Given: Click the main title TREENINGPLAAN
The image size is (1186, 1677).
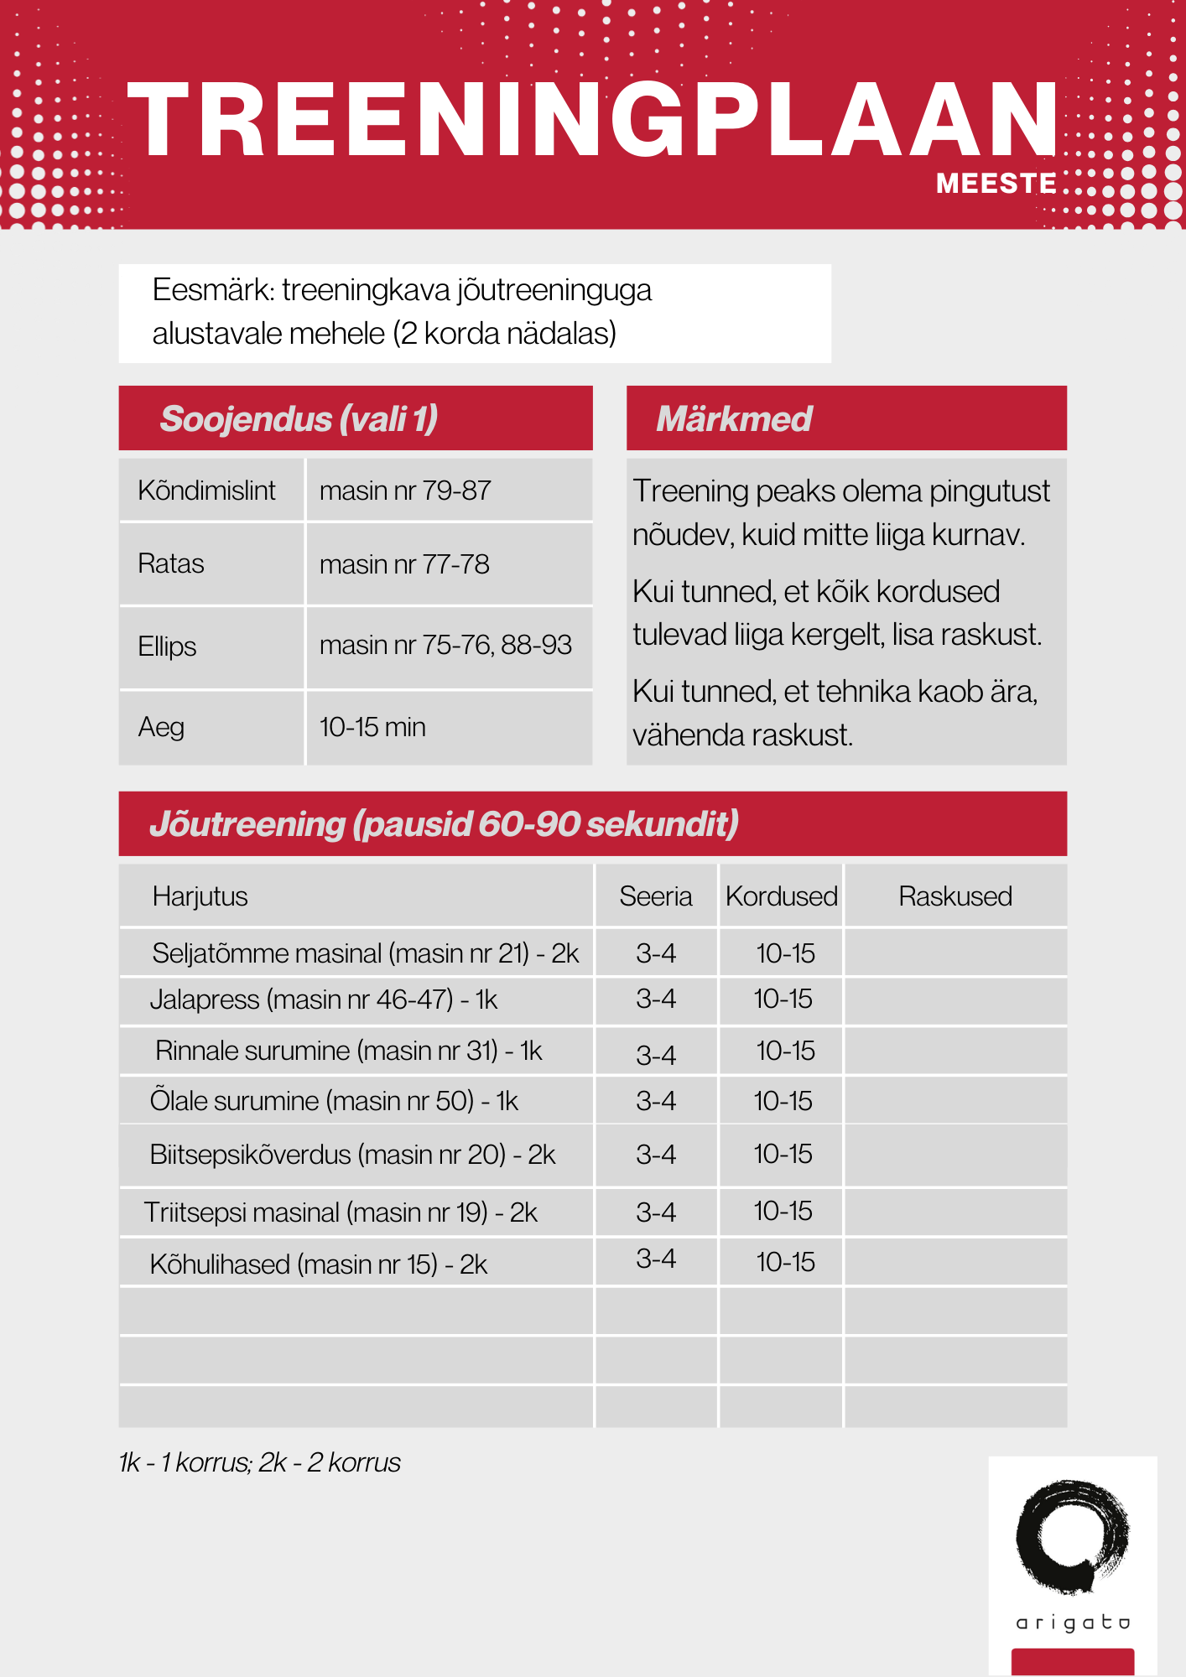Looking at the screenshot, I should pyautogui.click(x=592, y=119).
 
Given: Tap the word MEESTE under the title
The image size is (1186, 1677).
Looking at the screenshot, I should pyautogui.click(x=996, y=183).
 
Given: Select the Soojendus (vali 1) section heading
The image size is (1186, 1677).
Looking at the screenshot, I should pyautogui.click(x=299, y=418).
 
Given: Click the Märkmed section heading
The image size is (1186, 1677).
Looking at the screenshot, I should pyautogui.click(x=734, y=418).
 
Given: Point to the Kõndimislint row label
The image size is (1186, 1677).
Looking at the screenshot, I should pyautogui.click(x=206, y=491).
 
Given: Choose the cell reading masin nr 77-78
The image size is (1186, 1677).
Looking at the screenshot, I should pyautogui.click(x=404, y=564).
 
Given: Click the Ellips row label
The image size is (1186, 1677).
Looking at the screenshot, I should pyautogui.click(x=167, y=646).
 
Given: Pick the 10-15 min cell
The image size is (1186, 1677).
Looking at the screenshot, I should pyautogui.click(x=372, y=727).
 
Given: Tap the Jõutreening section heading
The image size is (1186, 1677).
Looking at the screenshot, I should pyautogui.click(x=444, y=823).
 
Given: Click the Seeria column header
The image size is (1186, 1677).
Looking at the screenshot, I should pyautogui.click(x=655, y=896).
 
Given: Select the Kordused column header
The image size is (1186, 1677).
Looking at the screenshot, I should pyautogui.click(x=781, y=896).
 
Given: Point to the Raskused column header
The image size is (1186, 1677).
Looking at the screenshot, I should pyautogui.click(x=955, y=896).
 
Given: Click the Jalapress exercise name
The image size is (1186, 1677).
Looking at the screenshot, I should pyautogui.click(x=323, y=999).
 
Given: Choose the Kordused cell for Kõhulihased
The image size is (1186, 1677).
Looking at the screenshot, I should pyautogui.click(x=785, y=1262).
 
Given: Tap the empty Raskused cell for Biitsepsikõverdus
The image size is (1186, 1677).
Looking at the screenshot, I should pyautogui.click(x=955, y=1155).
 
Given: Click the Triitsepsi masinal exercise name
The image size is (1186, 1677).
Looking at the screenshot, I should pyautogui.click(x=341, y=1212).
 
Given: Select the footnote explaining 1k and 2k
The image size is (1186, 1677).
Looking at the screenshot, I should pyautogui.click(x=259, y=1462).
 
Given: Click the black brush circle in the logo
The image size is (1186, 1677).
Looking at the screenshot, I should pyautogui.click(x=1072, y=1536).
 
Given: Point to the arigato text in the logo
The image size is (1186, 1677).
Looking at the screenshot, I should pyautogui.click(x=1073, y=1623).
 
